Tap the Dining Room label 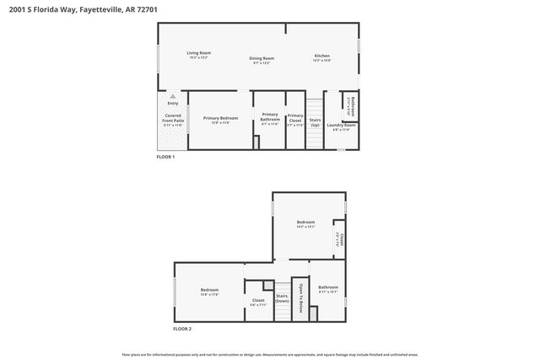pyautogui.click(x=262, y=60)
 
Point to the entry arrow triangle pyautogui.click(x=172, y=97)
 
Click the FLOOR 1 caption pyautogui.click(x=165, y=158)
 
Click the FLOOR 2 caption pyautogui.click(x=182, y=328)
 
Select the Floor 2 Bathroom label pyautogui.click(x=328, y=289)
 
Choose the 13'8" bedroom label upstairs pyautogui.click(x=209, y=292)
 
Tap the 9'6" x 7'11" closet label pyautogui.click(x=258, y=302)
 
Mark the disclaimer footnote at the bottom pyautogui.click(x=269, y=355)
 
